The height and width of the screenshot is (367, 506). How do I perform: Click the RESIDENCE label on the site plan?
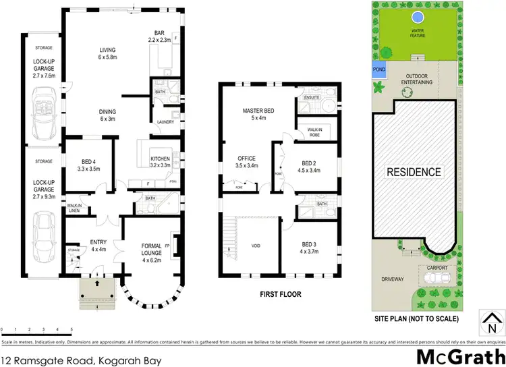pyautogui.click(x=414, y=171)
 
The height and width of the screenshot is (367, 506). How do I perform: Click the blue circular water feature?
pyautogui.click(x=417, y=16)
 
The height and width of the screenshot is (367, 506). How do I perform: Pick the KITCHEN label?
pyautogui.click(x=161, y=161)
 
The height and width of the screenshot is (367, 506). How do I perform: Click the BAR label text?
pyautogui.click(x=161, y=35)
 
